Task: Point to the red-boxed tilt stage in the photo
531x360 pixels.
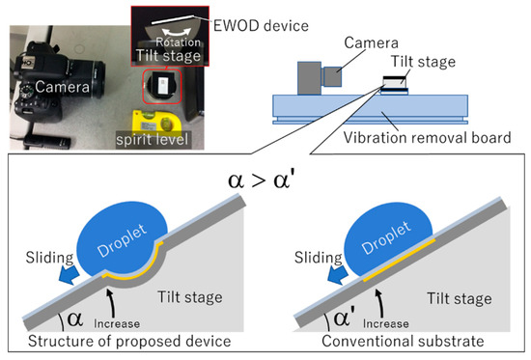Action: tap(161, 86)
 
